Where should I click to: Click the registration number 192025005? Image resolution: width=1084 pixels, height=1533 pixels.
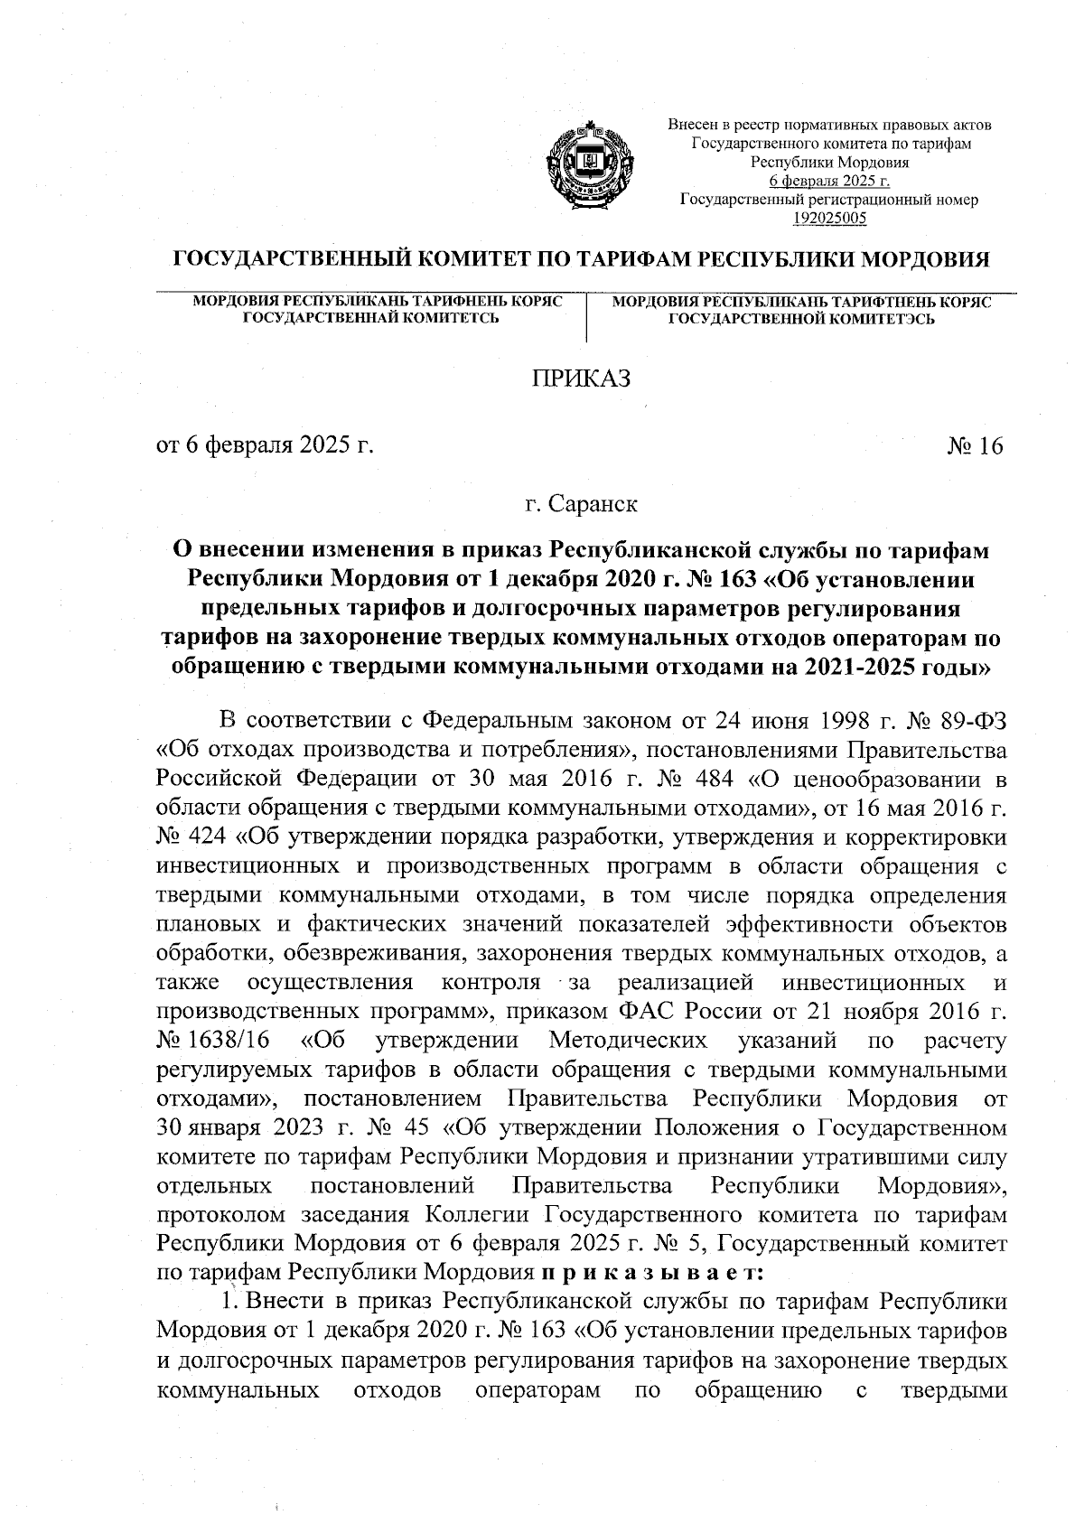pyautogui.click(x=829, y=218)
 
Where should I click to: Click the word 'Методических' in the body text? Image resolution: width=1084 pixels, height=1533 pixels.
pyautogui.click(x=628, y=1041)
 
